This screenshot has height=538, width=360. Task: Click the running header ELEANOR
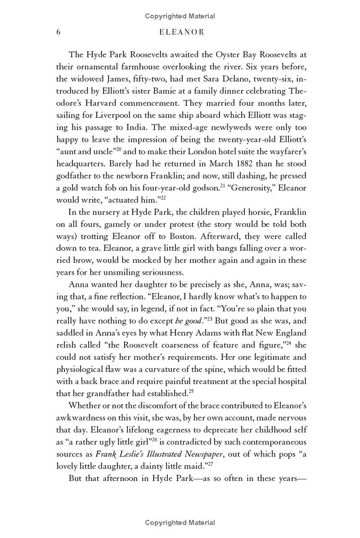coord(180,32)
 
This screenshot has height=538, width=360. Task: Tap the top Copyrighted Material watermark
coord(180,16)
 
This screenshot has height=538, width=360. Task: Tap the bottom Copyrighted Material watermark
coord(180,523)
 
